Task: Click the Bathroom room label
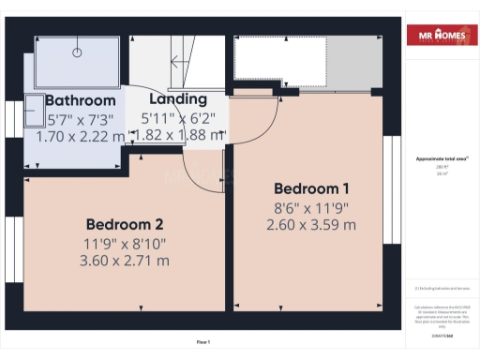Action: pyautogui.click(x=81, y=100)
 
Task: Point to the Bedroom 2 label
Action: pyautogui.click(x=125, y=225)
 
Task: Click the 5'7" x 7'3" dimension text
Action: pyautogui.click(x=80, y=119)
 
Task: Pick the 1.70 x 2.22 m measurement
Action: pyautogui.click(x=80, y=136)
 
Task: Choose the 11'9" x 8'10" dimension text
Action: pyautogui.click(x=126, y=243)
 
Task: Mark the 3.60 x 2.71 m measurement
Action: pyautogui.click(x=126, y=261)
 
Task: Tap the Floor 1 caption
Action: pyautogui.click(x=203, y=341)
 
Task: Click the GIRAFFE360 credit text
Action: pyautogui.click(x=438, y=322)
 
